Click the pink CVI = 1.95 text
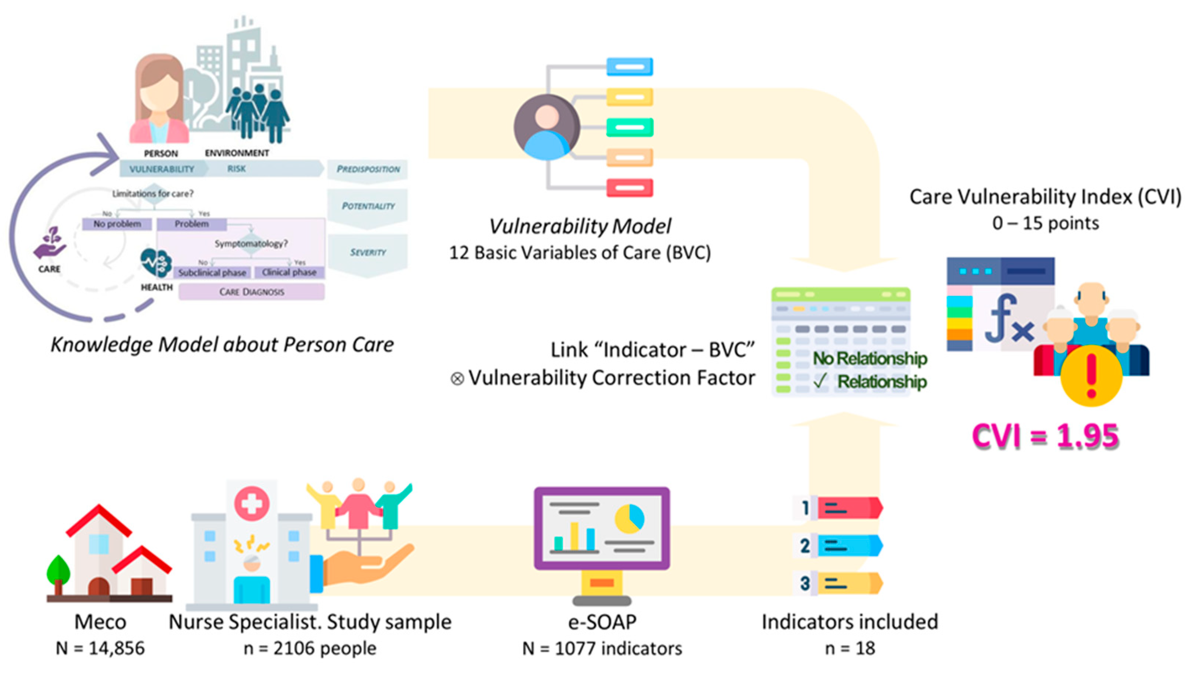(1045, 436)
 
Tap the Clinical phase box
(289, 273)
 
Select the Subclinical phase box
(213, 273)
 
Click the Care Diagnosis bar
(252, 292)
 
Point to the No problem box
(117, 224)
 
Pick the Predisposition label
(368, 169)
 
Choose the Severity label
(368, 253)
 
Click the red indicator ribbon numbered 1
(849, 508)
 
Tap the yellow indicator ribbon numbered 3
(849, 583)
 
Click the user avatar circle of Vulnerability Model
(547, 127)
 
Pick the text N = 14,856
(100, 649)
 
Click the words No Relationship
(870, 358)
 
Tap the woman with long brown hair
(159, 100)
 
